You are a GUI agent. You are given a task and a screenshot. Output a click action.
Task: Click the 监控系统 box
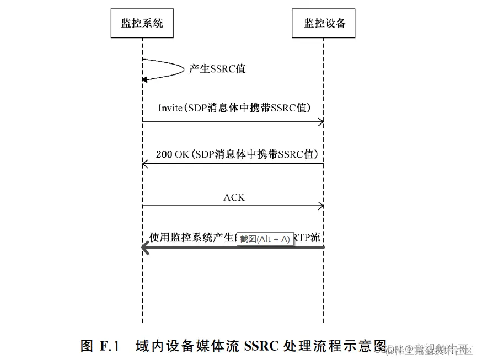[x=142, y=23]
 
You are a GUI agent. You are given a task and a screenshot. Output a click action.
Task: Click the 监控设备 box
[x=324, y=23]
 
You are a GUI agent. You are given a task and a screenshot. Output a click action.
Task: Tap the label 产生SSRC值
[x=217, y=69]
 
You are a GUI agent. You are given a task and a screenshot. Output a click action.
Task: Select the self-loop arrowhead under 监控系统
[x=145, y=79]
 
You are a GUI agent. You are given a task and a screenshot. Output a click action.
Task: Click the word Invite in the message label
[x=170, y=108]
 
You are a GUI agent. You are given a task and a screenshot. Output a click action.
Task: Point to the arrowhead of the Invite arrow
[x=320, y=122]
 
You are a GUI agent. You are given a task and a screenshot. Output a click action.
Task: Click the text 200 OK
[x=173, y=154]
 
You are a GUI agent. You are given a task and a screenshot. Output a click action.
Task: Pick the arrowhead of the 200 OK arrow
[x=145, y=164]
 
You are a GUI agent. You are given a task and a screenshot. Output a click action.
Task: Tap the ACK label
[x=234, y=197]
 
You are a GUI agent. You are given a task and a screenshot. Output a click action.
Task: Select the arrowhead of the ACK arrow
[x=320, y=206]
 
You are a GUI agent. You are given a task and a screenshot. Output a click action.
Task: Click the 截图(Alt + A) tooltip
[x=265, y=239]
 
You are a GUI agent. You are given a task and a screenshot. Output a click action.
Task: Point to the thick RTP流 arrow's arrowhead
[x=146, y=248]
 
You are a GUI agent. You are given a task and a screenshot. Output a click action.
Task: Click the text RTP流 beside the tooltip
[x=307, y=238]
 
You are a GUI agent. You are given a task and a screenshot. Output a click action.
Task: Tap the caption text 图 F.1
[x=100, y=346]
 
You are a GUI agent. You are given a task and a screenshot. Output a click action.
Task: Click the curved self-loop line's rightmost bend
[x=183, y=69]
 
